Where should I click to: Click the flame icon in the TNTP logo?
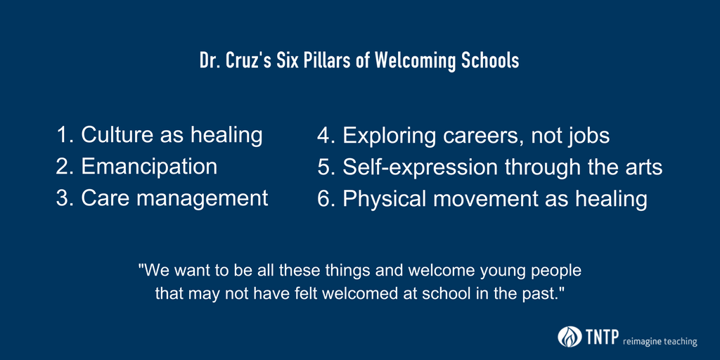click(568, 337)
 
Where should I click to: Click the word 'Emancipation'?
click(149, 167)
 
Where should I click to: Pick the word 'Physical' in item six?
click(387, 199)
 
